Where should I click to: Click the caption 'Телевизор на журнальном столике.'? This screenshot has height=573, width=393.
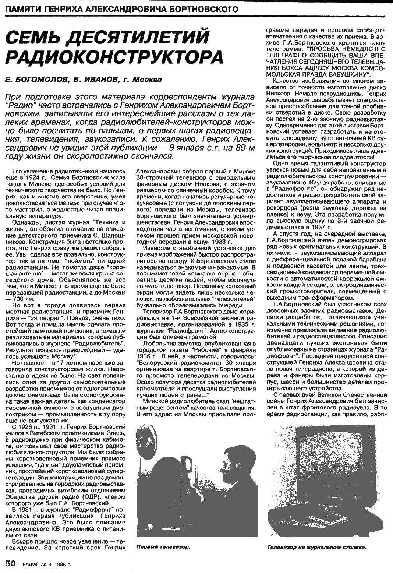(x=317, y=547)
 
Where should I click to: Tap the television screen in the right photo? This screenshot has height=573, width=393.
(x=324, y=460)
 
